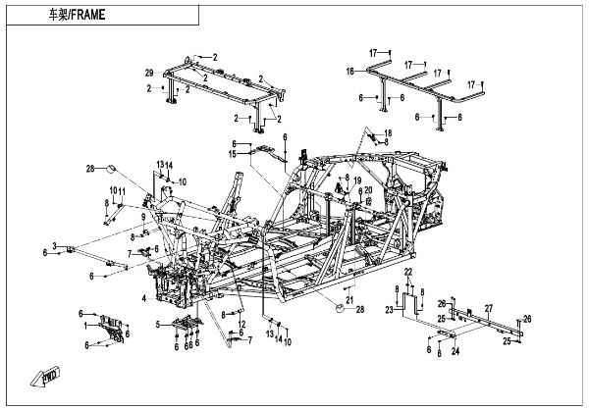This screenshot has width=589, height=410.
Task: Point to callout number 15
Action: click(233, 153)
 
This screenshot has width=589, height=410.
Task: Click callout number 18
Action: click(387, 132)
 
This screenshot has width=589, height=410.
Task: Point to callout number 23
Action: click(389, 309)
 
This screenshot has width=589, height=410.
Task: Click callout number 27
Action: click(487, 308)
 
